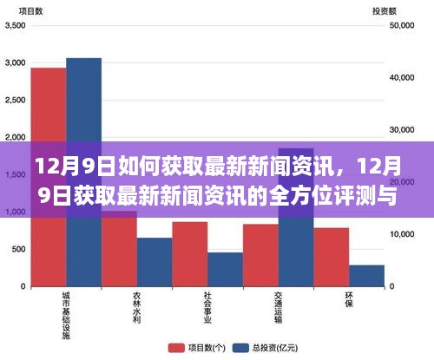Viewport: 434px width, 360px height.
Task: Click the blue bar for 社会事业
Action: pyautogui.click(x=226, y=269)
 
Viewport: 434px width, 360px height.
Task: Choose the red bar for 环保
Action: pyautogui.click(x=332, y=257)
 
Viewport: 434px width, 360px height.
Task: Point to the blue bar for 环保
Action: pyautogui.click(x=366, y=276)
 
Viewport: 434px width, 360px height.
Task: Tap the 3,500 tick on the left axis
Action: pyautogui.click(x=15, y=26)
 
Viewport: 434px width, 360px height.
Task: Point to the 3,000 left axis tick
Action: pyautogui.click(x=15, y=63)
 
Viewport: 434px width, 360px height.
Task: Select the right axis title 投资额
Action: pyautogui.click(x=385, y=11)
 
